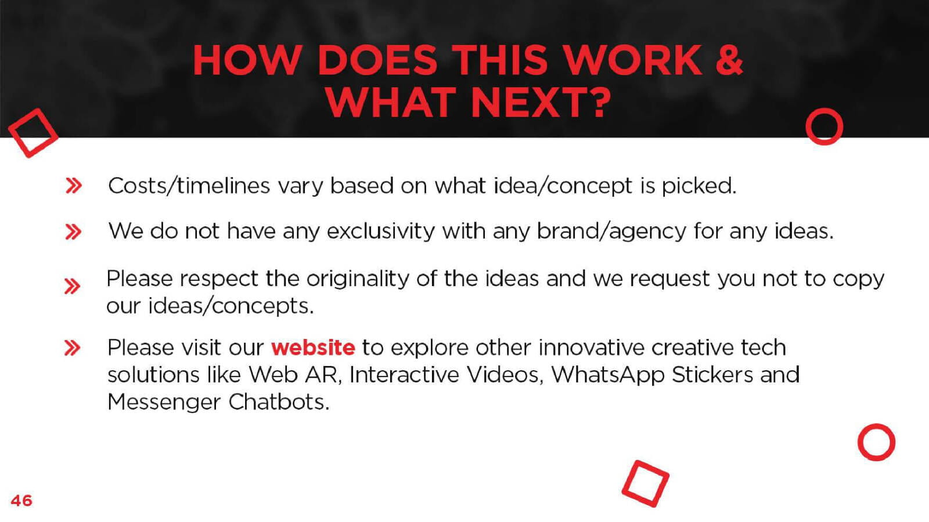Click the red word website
(x=313, y=347)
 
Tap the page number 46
(x=21, y=501)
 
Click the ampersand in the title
(x=729, y=60)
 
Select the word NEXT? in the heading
(x=542, y=102)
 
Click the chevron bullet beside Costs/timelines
(x=74, y=186)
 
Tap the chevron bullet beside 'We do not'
(x=73, y=232)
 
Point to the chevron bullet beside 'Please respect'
(x=72, y=287)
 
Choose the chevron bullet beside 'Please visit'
(x=72, y=348)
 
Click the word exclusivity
(x=381, y=231)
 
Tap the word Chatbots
(x=279, y=402)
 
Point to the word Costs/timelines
(x=189, y=186)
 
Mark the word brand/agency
(x=612, y=232)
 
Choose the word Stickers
(x=712, y=375)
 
